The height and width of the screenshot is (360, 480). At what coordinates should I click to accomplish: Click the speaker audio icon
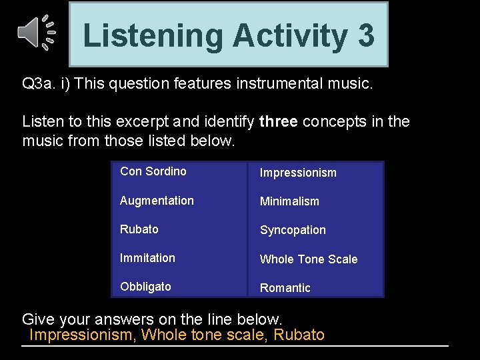tap(36, 33)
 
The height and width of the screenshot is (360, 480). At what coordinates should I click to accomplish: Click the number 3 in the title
tap(365, 35)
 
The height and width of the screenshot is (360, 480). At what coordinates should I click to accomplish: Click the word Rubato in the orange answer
tap(299, 335)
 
